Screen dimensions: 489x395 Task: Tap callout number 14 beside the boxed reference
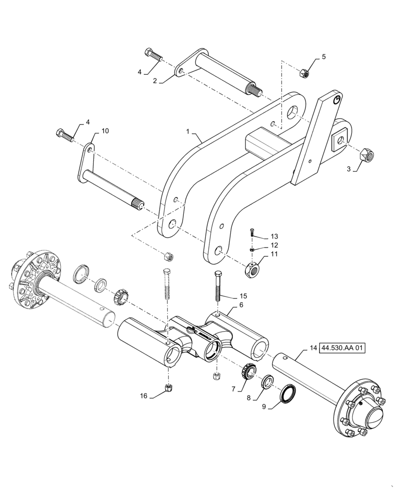coord(313,348)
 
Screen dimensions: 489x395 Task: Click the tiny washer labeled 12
coord(252,249)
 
